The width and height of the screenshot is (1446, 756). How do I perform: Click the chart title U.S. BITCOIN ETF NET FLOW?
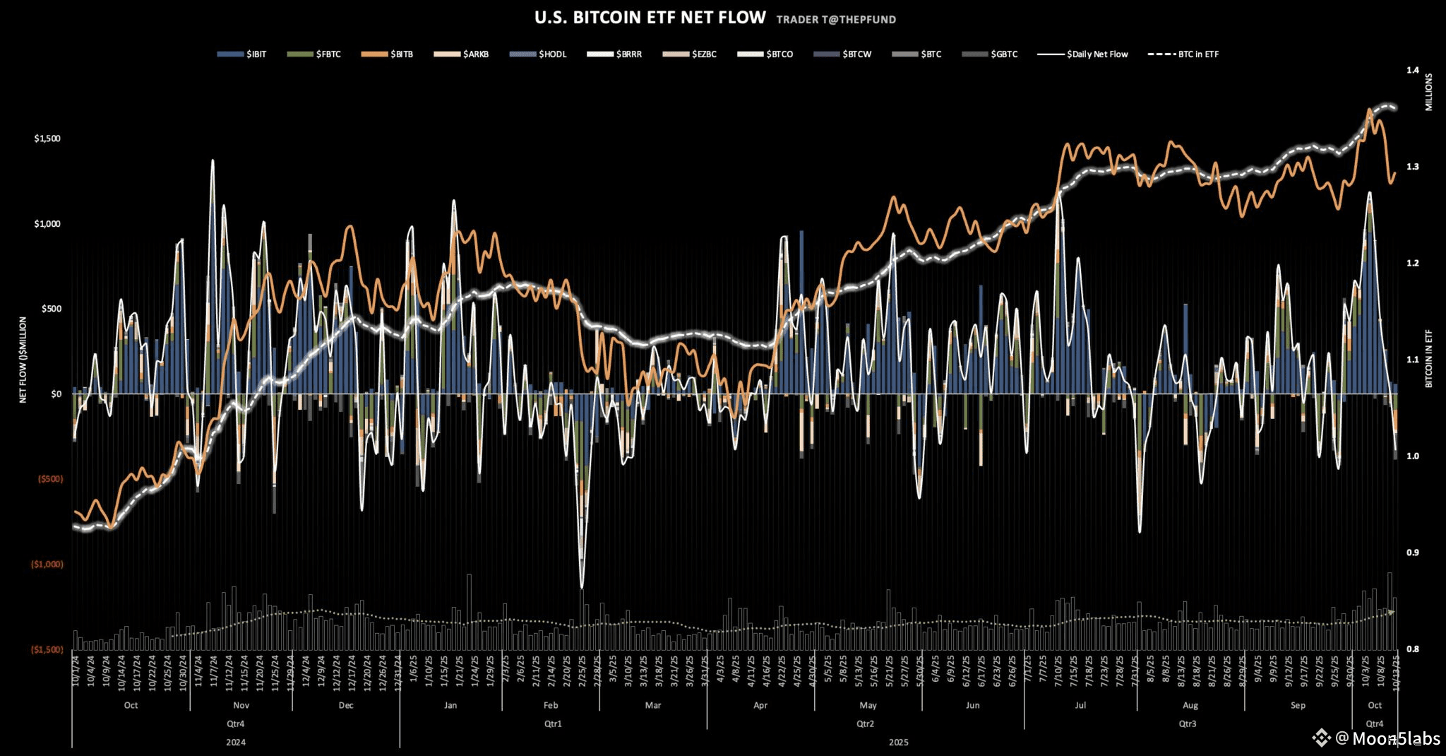pyautogui.click(x=650, y=18)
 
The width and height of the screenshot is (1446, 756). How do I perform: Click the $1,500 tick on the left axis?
pyautogui.click(x=47, y=138)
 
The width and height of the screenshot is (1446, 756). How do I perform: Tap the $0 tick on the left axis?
pyautogui.click(x=56, y=394)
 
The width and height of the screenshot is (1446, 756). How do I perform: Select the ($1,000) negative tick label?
pyautogui.click(x=47, y=565)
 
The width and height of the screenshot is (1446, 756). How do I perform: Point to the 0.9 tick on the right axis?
pyautogui.click(x=1407, y=553)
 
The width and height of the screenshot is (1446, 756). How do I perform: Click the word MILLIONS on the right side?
pyautogui.click(x=1428, y=92)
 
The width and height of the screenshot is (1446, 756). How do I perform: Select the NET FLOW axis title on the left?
pyautogui.click(x=23, y=360)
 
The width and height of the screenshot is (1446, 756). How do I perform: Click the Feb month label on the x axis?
pyautogui.click(x=551, y=705)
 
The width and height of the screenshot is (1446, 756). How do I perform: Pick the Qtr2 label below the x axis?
pyautogui.click(x=865, y=723)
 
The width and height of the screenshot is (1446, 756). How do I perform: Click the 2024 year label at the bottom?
pyautogui.click(x=236, y=743)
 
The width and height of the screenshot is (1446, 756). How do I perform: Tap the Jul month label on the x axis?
pyautogui.click(x=1080, y=705)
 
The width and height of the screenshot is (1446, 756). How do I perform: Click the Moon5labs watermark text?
pyautogui.click(x=1395, y=739)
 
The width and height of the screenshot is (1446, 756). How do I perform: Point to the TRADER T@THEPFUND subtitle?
pyautogui.click(x=836, y=20)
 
